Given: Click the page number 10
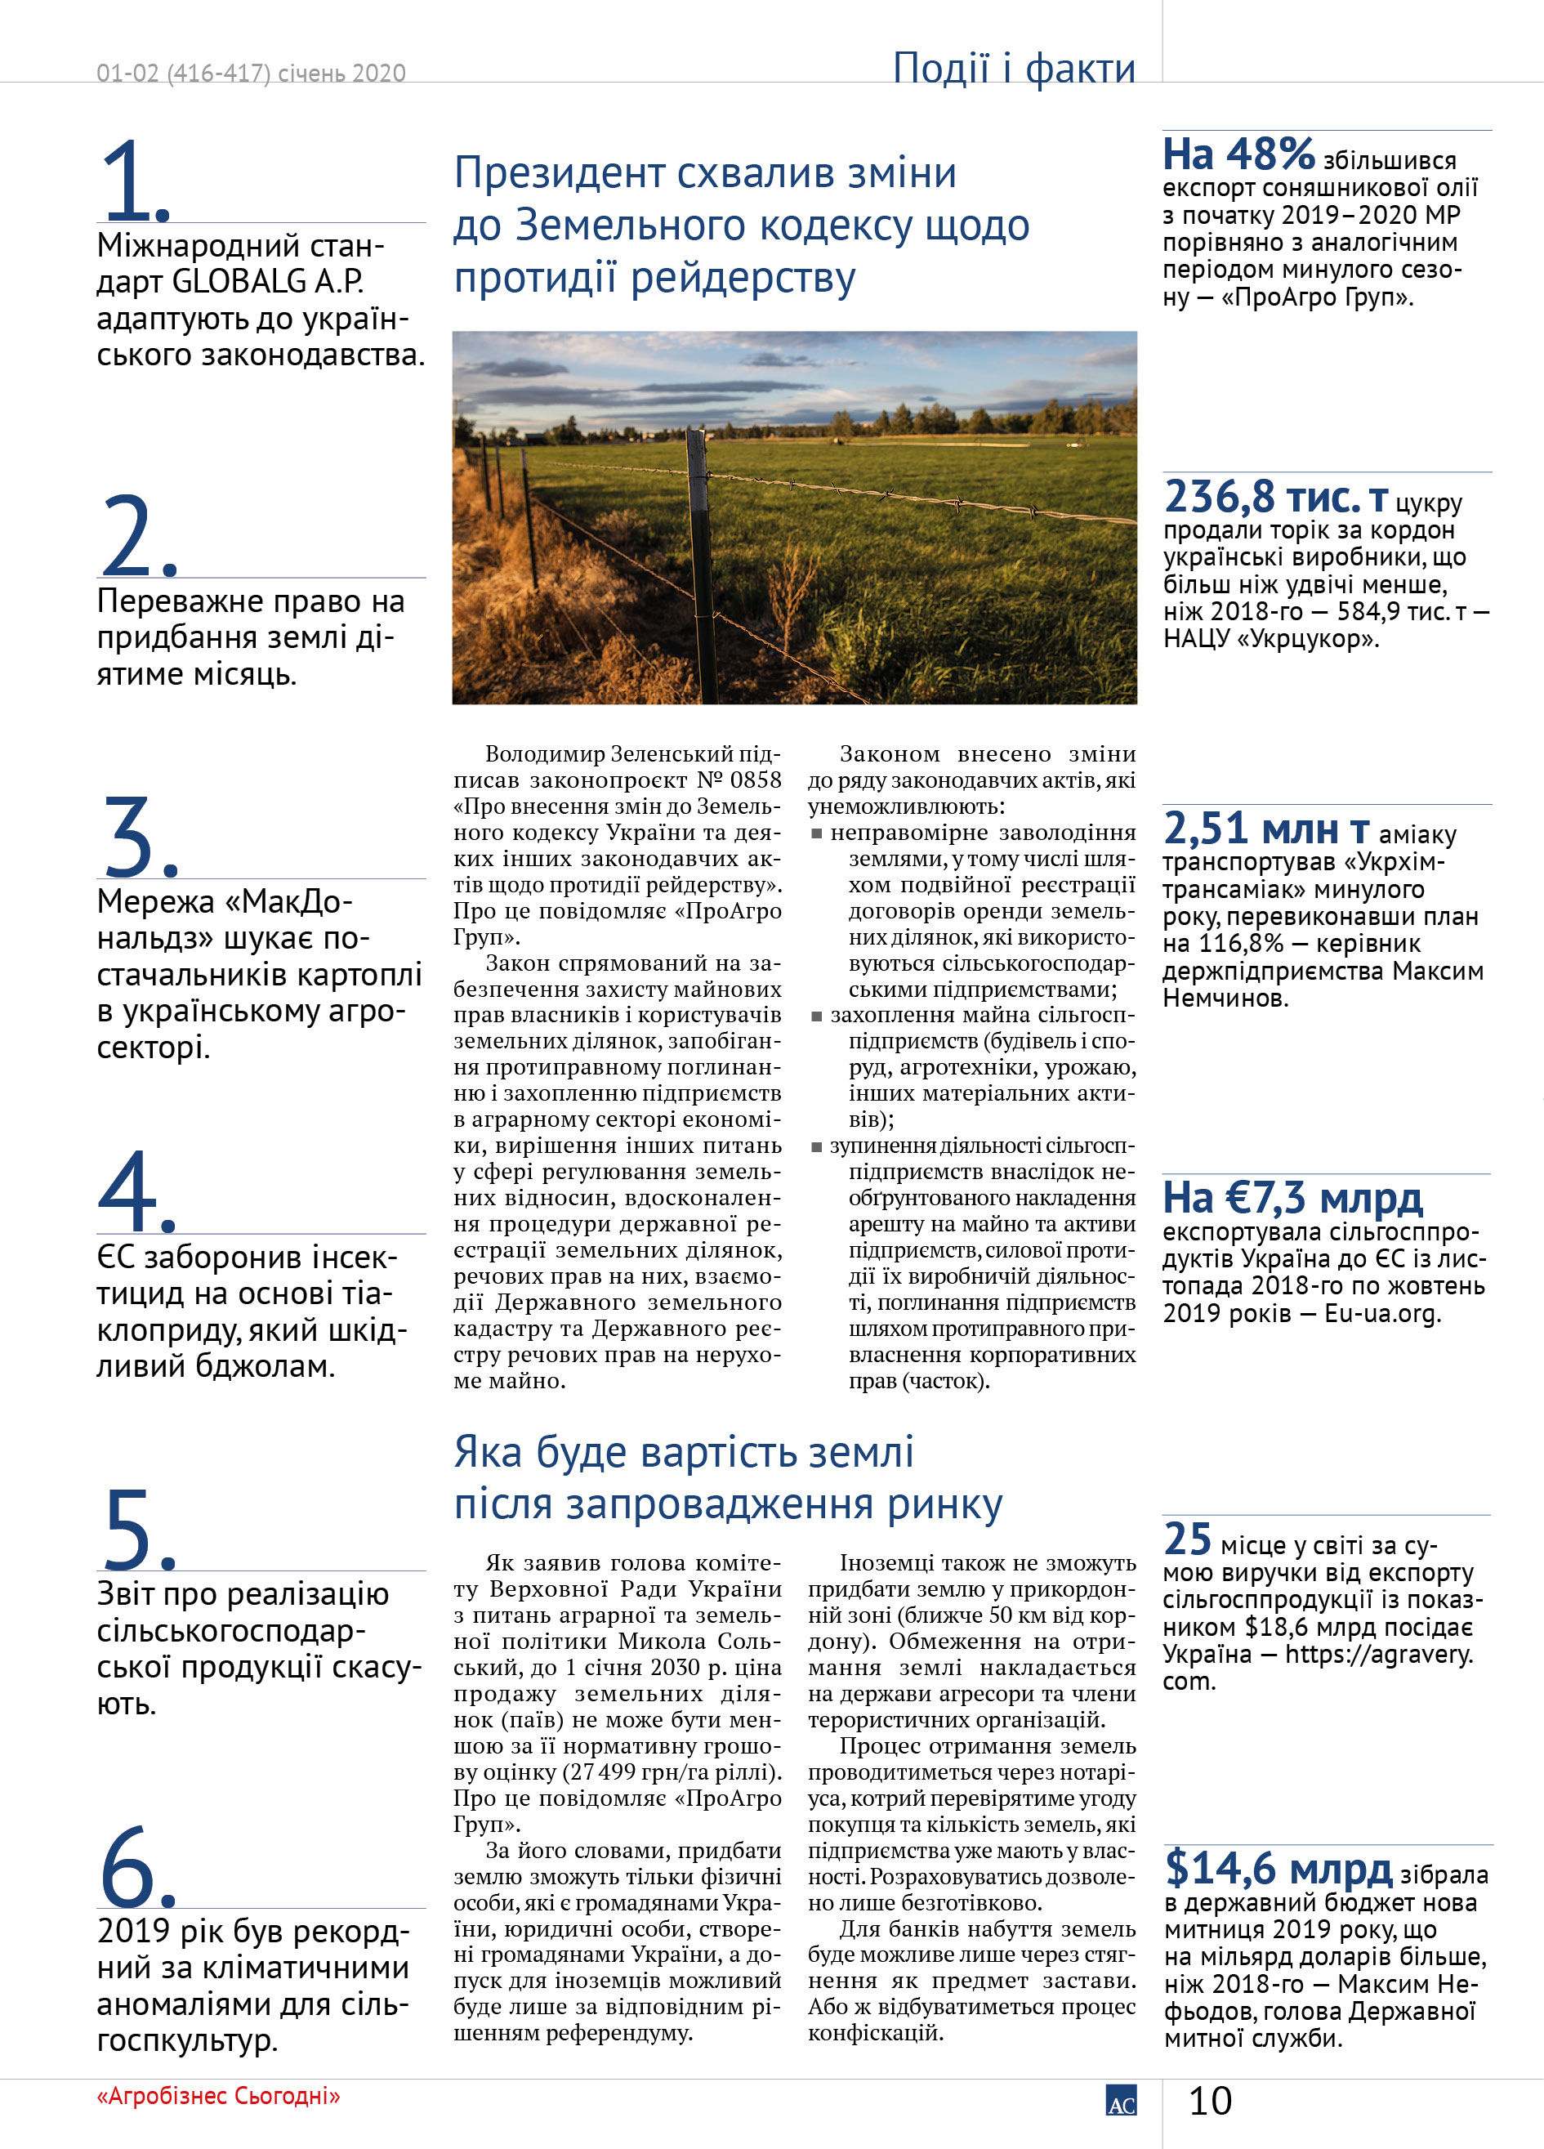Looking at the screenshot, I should pyautogui.click(x=1210, y=2101).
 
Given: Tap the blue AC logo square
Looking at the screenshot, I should pyautogui.click(x=1121, y=2099).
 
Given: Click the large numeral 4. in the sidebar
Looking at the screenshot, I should pyautogui.click(x=136, y=1192).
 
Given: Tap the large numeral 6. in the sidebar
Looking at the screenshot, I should pyautogui.click(x=137, y=1866).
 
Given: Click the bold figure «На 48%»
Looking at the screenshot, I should pyautogui.click(x=1238, y=154).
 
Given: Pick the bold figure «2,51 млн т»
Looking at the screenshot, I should pyautogui.click(x=1265, y=829).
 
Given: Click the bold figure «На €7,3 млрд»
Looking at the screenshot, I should pyautogui.click(x=1292, y=1198).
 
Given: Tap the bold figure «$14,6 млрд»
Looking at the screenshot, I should pyautogui.click(x=1278, y=1868).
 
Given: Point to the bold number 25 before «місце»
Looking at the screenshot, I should pyautogui.click(x=1187, y=1539).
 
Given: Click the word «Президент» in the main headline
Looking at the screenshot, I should pyautogui.click(x=560, y=173).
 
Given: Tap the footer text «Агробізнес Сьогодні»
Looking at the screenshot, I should pyautogui.click(x=218, y=2095).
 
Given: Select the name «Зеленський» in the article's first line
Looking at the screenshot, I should pyautogui.click(x=671, y=754).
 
